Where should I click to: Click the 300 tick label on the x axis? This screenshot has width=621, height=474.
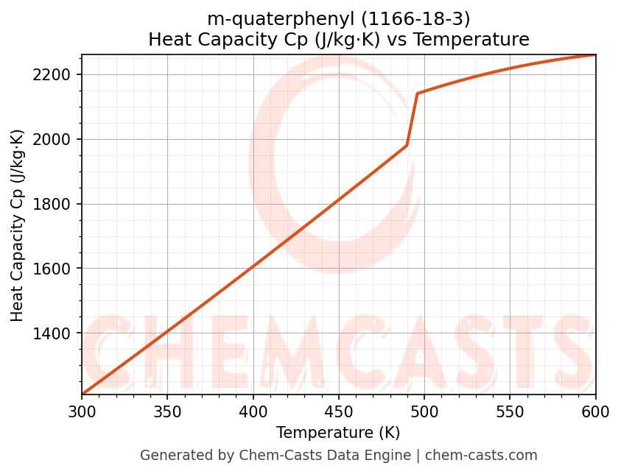pos(82,411)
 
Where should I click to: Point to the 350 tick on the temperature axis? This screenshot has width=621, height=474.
pos(167,411)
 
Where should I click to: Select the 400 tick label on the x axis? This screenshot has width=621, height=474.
pos(253,411)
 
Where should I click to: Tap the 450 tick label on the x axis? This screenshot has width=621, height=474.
pos(339,411)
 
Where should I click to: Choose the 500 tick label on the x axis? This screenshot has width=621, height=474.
pos(424,411)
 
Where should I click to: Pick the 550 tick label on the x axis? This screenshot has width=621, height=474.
pos(510,411)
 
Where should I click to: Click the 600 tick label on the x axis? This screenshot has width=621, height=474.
pos(595,411)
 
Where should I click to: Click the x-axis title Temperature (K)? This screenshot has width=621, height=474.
pos(338,433)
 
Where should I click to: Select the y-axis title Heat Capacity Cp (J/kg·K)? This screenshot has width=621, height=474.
pos(18,225)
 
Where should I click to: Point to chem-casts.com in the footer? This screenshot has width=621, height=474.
pos(481,456)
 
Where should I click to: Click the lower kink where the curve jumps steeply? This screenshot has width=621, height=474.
pos(407,146)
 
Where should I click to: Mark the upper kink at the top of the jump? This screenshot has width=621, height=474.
pos(417,93)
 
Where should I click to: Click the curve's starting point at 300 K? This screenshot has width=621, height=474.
pos(83,395)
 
